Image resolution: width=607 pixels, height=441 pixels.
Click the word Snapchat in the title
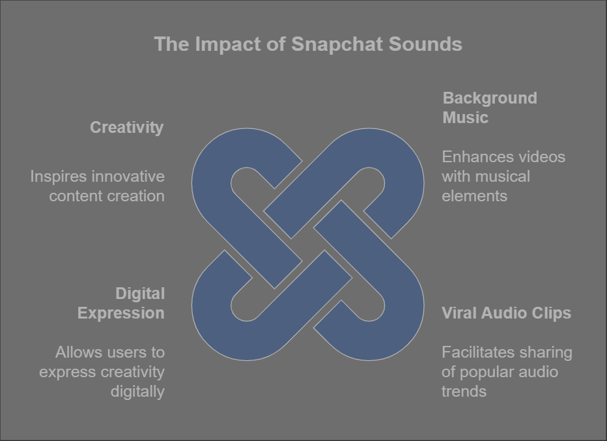coord(337,44)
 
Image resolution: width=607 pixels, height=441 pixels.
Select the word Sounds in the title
coord(425,44)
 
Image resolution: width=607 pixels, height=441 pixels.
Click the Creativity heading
coord(126,128)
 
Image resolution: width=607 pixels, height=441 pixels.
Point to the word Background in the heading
coord(490,98)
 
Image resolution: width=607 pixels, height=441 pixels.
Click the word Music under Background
coord(465,118)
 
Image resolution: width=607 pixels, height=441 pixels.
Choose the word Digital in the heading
coord(140,294)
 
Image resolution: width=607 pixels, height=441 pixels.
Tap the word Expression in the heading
coord(121,313)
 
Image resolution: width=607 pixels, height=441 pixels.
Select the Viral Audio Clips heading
coord(506,313)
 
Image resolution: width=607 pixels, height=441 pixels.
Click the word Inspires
coord(59,177)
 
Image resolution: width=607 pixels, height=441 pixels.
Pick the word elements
coord(475,196)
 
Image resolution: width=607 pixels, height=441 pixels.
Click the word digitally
coord(137,392)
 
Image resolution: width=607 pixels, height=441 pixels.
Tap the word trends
coord(464,391)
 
